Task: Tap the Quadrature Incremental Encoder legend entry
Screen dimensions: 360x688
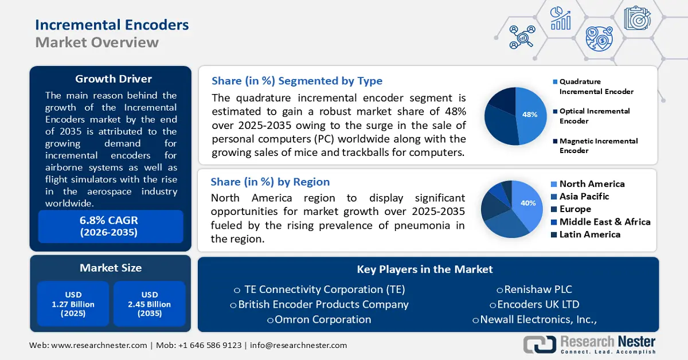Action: [x=596, y=87]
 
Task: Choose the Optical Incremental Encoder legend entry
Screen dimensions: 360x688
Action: [x=595, y=116]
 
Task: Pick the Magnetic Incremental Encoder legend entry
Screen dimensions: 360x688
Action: [x=599, y=146]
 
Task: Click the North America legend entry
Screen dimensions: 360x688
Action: [x=592, y=184]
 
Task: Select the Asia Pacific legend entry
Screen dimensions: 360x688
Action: [x=584, y=197]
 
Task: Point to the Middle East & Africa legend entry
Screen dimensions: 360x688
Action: [x=605, y=222]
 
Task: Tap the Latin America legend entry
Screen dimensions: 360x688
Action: [x=590, y=234]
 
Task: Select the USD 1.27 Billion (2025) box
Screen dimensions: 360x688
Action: [x=73, y=304]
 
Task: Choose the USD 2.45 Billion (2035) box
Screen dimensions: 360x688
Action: [x=149, y=304]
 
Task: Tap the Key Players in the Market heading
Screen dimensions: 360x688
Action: [x=425, y=269]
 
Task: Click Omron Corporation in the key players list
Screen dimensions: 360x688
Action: [x=323, y=319]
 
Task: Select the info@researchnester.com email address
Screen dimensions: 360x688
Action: [x=298, y=345]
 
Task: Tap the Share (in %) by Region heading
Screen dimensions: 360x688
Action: [x=270, y=182]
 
